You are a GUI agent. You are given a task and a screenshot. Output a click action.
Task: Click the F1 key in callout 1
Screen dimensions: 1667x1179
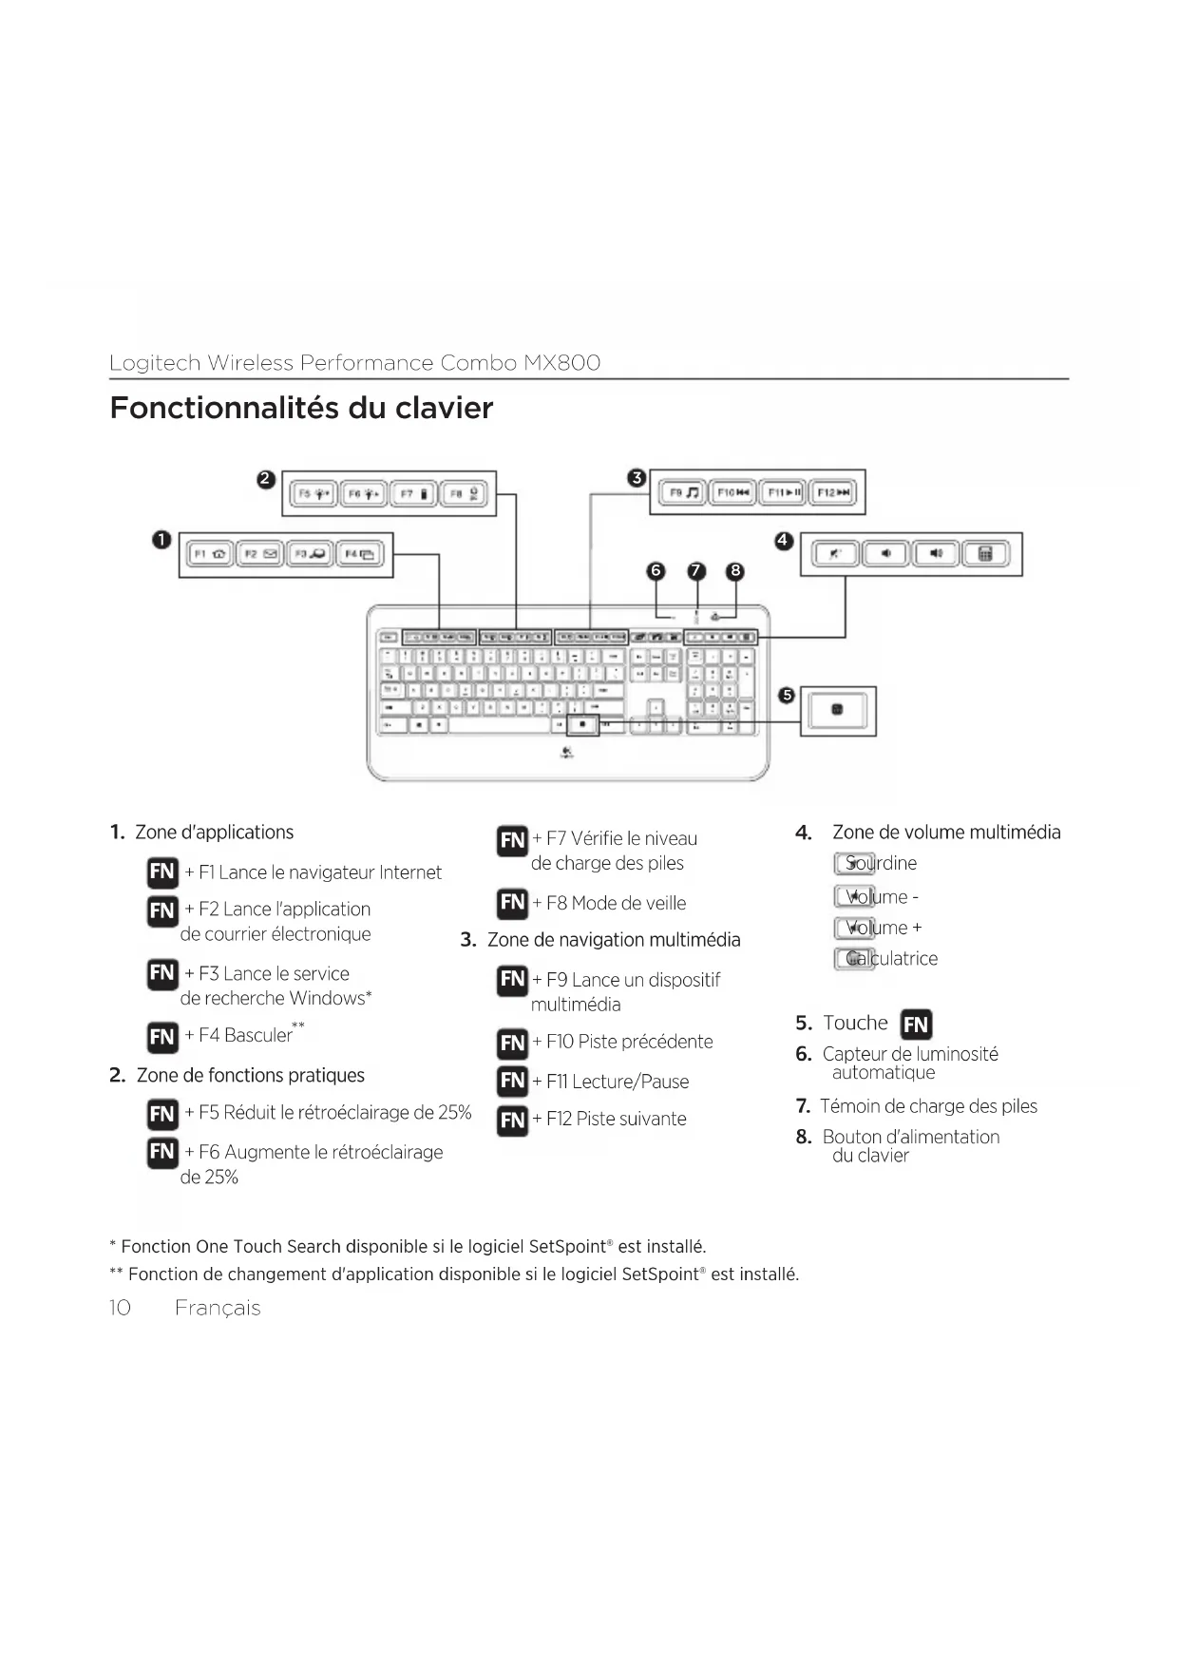209,554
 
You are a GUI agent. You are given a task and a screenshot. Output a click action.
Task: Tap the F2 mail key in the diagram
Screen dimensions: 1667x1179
259,554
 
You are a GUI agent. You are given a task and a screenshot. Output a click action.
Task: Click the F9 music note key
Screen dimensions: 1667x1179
682,492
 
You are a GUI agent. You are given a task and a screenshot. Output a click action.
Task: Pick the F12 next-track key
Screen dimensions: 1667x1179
833,492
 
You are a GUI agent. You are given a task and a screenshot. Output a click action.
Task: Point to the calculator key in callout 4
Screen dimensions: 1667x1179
986,554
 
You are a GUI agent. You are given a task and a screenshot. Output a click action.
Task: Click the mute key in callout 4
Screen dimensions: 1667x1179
835,554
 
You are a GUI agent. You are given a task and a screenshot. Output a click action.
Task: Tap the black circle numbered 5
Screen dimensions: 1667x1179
786,696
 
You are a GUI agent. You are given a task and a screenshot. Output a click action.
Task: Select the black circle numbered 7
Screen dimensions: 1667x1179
696,570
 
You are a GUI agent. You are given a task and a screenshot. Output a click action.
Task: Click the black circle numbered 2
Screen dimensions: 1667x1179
267,479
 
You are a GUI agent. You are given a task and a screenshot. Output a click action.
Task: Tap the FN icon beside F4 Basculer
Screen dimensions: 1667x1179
162,1036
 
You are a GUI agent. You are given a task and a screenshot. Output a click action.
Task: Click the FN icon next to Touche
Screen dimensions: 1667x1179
916,1024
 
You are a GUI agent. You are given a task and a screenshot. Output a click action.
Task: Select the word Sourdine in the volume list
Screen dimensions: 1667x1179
881,863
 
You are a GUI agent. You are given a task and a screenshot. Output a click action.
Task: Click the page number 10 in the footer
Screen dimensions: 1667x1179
120,1308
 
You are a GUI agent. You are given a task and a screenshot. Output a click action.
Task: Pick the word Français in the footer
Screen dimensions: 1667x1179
218,1308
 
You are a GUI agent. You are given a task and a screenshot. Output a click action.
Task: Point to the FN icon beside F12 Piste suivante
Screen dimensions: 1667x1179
512,1120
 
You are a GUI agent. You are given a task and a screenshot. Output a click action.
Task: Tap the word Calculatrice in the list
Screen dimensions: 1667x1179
891,958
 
